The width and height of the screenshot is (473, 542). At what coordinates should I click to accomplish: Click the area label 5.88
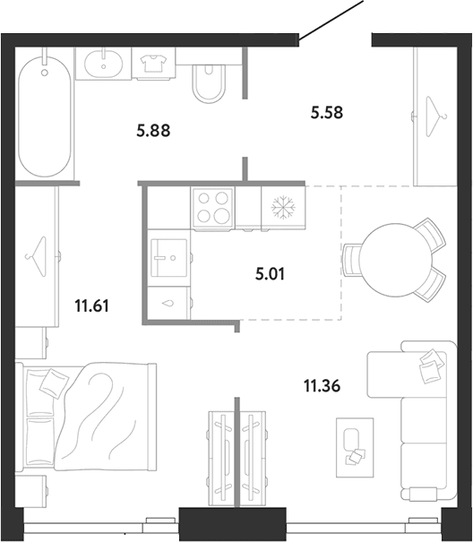pos(153,131)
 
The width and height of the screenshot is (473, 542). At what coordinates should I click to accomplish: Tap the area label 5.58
pos(327,113)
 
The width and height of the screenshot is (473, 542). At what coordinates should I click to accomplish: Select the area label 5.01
pos(270,274)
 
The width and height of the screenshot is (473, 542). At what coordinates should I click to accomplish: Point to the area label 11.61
pos(92,305)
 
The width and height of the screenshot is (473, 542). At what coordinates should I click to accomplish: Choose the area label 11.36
pos(322,385)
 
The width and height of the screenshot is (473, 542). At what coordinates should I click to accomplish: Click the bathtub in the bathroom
pos(45,116)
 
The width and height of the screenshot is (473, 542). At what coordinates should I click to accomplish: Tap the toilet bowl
pos(208,83)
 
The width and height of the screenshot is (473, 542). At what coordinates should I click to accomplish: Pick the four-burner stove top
pos(212,208)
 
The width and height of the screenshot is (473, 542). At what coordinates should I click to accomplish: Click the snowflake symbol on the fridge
pos(283,208)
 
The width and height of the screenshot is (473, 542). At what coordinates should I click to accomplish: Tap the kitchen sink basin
pos(169,257)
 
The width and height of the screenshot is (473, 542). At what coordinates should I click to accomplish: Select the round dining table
pos(396,260)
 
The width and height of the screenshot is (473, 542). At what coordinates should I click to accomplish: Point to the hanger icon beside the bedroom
pos(36,256)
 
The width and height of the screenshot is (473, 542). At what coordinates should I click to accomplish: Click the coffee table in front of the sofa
pos(355,448)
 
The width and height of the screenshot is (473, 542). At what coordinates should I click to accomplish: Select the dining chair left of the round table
pos(351,260)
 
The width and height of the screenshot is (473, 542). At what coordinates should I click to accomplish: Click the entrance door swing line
pos(331,20)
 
